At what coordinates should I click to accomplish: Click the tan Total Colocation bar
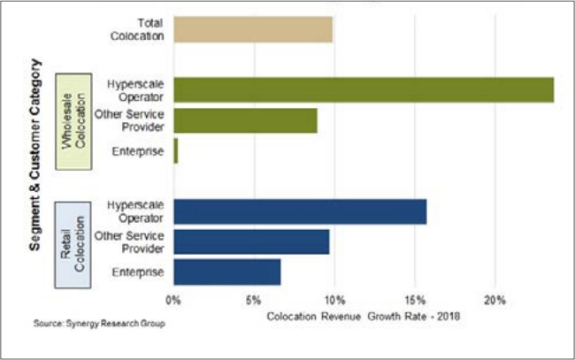click(253, 29)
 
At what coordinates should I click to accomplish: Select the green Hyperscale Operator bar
click(364, 89)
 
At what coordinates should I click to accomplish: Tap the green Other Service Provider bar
click(245, 120)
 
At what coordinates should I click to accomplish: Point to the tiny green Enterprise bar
click(175, 151)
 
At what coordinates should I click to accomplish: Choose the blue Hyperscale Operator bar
click(300, 212)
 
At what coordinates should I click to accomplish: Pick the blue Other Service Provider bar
click(251, 241)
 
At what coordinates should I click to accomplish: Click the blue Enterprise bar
click(227, 272)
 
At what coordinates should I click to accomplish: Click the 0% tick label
click(174, 298)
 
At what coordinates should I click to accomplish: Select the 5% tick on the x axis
click(254, 298)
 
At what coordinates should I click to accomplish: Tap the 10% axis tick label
click(334, 298)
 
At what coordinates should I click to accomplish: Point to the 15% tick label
click(414, 298)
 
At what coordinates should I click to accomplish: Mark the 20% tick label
click(494, 298)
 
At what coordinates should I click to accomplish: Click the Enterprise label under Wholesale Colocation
click(137, 152)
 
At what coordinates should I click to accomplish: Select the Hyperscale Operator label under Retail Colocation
click(134, 211)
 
